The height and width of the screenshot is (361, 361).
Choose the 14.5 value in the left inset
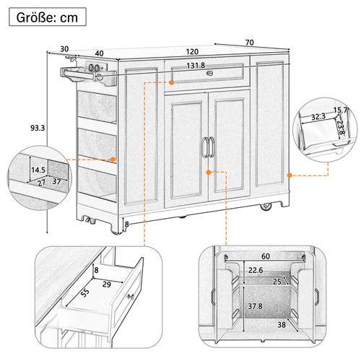[x=38, y=171]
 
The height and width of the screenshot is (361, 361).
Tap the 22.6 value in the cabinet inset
[x=256, y=271]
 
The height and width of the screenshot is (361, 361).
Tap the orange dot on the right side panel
[x=288, y=174]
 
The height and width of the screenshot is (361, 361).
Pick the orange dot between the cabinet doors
[x=208, y=173]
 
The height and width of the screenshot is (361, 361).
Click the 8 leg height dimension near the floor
[x=129, y=224]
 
